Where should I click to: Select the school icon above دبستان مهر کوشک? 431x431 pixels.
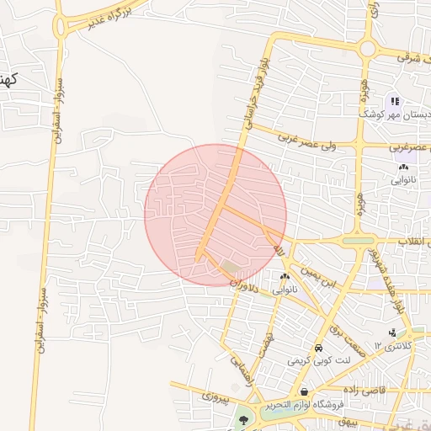click(396, 102)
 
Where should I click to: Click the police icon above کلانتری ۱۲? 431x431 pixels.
click(392, 333)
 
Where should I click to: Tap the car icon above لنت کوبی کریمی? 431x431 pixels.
click(318, 349)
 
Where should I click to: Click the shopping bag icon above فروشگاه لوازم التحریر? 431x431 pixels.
click(303, 393)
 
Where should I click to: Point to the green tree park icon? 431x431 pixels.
click(243, 418)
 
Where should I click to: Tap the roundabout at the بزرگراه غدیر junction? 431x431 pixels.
click(61, 26)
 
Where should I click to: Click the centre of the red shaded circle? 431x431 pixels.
click(215, 215)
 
